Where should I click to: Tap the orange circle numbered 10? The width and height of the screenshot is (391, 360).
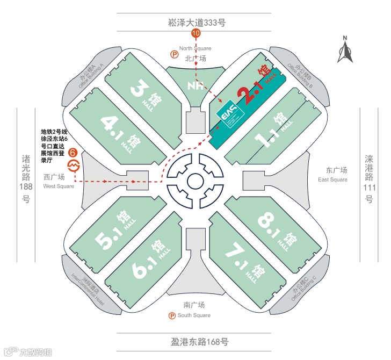pos(196,33)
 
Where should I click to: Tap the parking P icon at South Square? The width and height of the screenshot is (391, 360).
pos(172,315)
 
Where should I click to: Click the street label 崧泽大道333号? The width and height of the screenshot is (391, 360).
pos(196,22)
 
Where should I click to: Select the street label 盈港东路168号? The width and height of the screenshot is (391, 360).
pos(195,341)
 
